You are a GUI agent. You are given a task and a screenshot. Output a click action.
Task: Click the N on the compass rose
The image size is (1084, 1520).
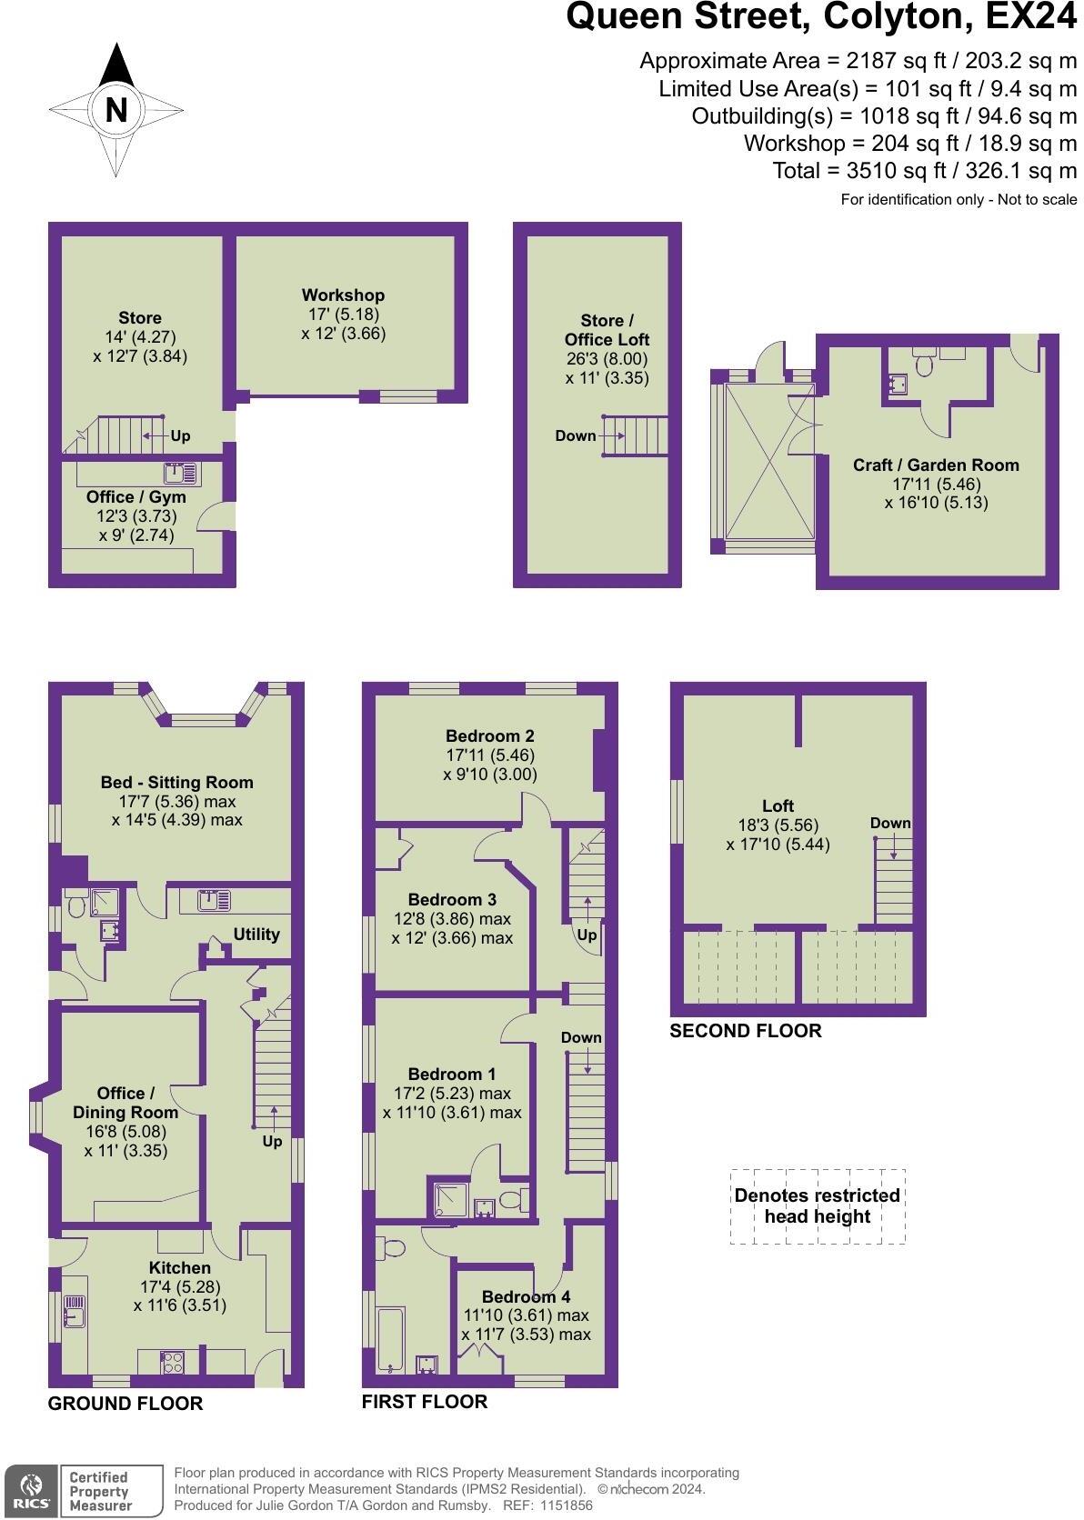click(115, 110)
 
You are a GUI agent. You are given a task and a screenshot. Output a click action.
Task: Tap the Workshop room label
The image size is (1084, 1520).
click(343, 295)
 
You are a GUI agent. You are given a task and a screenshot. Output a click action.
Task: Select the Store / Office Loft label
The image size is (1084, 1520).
click(607, 330)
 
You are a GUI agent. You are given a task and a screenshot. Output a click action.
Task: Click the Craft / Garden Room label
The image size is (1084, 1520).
click(935, 465)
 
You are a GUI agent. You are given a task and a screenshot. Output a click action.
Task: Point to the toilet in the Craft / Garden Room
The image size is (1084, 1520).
click(925, 364)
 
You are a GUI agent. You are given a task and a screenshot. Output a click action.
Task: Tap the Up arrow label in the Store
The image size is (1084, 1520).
click(180, 435)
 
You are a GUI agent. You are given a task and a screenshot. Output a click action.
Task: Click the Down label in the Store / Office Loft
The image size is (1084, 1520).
click(575, 435)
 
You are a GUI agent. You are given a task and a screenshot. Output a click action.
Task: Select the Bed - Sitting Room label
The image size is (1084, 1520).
click(176, 782)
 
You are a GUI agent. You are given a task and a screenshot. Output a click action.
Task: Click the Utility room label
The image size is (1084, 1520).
click(256, 934)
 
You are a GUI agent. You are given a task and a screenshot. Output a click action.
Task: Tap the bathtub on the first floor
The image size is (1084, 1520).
click(392, 1339)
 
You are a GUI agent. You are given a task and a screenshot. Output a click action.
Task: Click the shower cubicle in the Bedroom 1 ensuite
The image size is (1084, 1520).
click(447, 1198)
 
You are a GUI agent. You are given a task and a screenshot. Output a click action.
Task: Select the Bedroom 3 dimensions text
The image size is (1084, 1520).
click(452, 928)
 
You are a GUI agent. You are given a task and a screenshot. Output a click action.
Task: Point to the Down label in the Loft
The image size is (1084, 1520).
click(889, 823)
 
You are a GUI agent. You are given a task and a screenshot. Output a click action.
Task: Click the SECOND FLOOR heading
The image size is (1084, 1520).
click(745, 1030)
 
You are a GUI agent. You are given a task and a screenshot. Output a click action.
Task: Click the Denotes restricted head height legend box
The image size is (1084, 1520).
click(817, 1206)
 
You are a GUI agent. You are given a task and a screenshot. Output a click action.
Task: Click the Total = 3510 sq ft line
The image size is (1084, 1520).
click(924, 170)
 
